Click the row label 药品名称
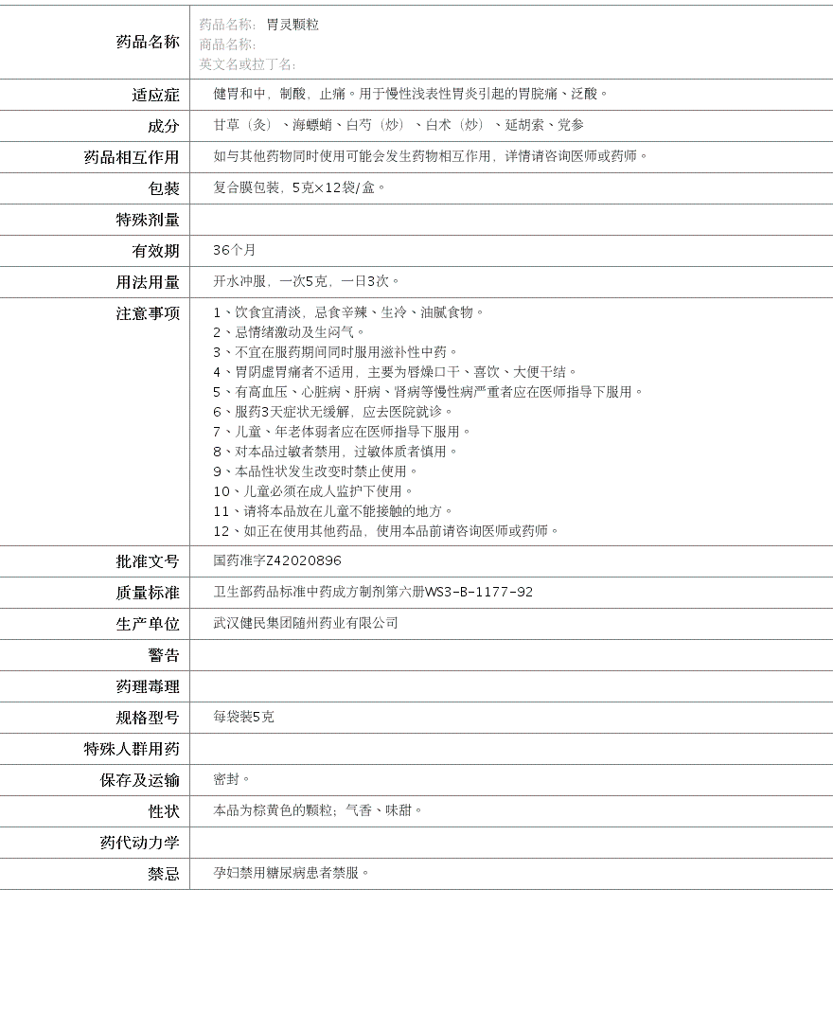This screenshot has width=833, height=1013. point(147,42)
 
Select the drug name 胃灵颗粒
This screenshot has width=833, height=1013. point(292,25)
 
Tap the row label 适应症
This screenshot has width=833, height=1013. point(155,95)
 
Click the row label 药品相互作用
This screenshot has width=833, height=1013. point(132,157)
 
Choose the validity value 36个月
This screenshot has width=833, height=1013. point(235,250)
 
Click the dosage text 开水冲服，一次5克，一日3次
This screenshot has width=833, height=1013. point(305,281)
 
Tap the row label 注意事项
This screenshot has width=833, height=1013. point(147,313)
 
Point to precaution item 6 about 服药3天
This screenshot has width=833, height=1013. point(333,412)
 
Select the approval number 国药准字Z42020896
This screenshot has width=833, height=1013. point(277,561)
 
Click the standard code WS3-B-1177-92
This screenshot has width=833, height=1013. point(479,593)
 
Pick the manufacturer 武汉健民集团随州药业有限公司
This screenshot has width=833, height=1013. point(306,623)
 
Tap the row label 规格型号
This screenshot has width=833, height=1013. point(147,718)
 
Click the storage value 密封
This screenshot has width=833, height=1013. point(231,779)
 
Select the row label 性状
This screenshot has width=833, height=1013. point(163,811)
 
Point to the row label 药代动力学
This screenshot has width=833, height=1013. point(139,843)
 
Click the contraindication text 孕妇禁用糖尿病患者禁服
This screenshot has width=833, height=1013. point(291,873)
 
